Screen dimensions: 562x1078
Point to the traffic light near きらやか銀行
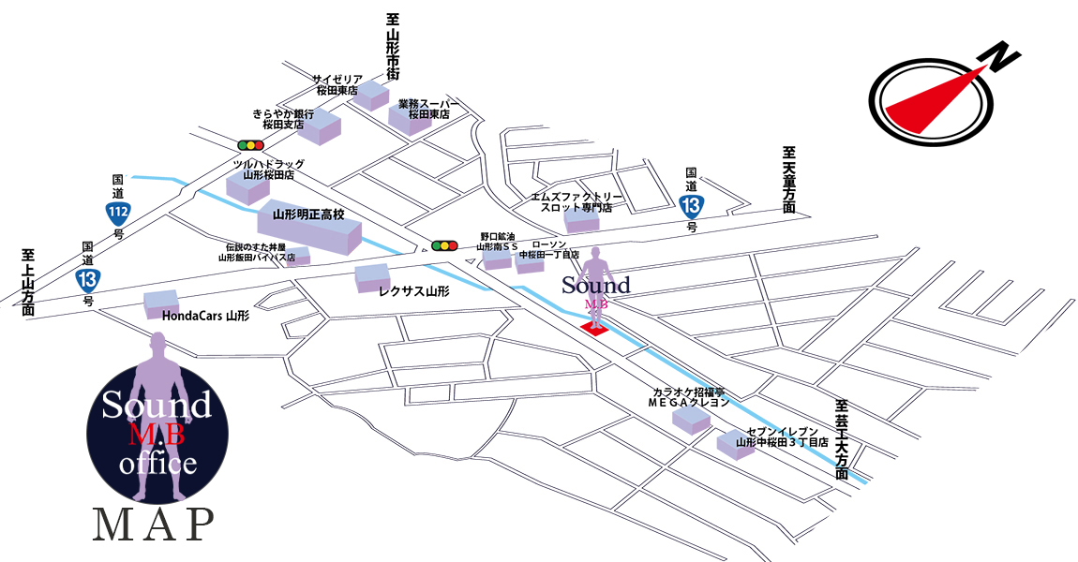[250, 145]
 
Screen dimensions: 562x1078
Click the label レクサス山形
[413, 291]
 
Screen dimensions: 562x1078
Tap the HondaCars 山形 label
[205, 317]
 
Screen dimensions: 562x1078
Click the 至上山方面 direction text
[29, 281]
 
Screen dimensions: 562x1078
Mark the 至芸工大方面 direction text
[842, 440]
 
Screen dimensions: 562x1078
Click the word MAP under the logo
[152, 526]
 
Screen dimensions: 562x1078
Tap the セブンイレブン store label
[782, 436]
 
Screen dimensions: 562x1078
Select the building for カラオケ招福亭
[693, 419]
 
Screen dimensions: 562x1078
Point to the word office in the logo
[157, 464]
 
